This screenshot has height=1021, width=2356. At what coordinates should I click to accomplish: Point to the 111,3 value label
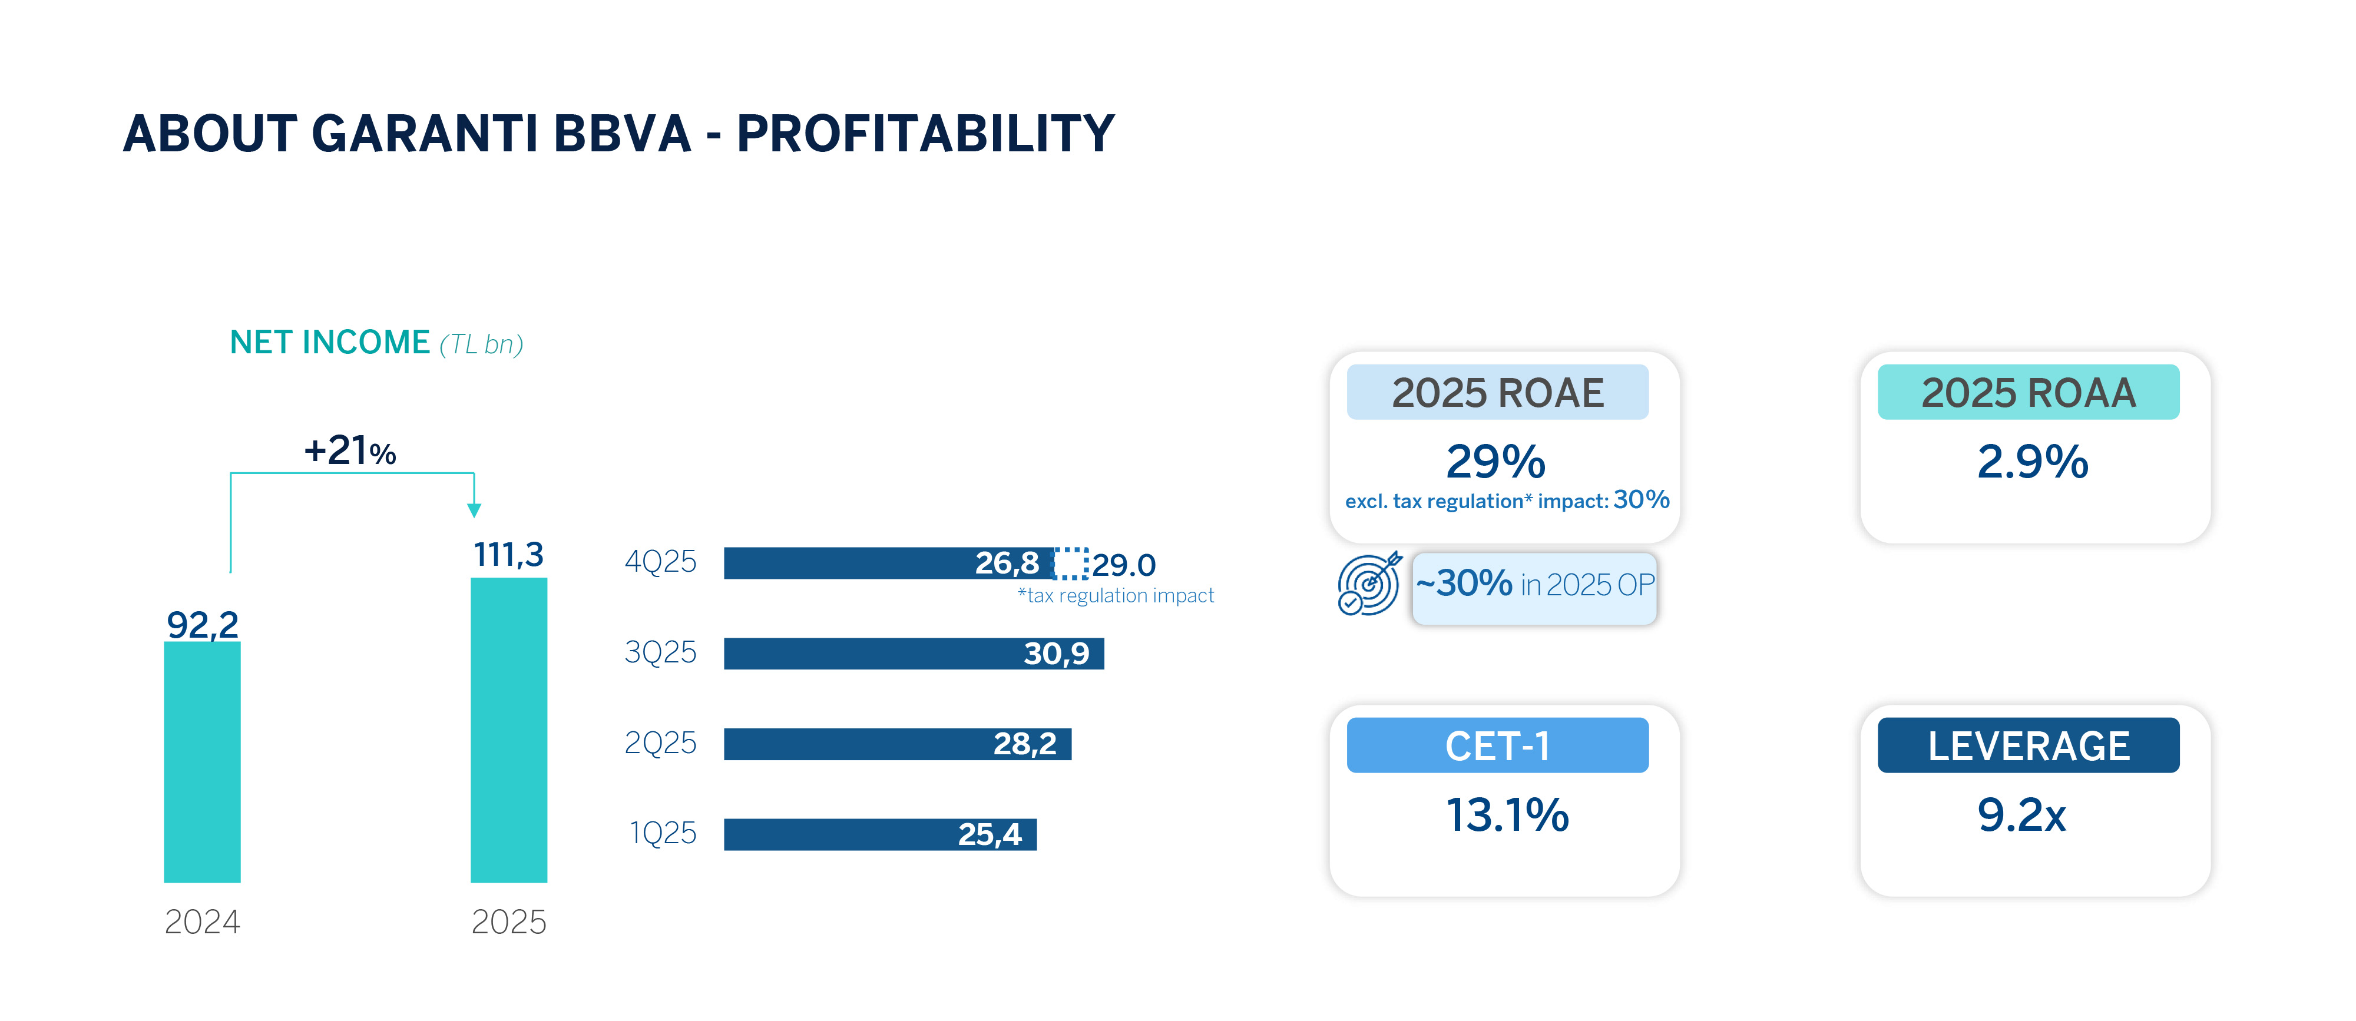pos(508,555)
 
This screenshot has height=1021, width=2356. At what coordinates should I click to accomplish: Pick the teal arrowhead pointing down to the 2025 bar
pos(474,510)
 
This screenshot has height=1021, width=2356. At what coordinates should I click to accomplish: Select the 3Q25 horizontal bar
pos(913,654)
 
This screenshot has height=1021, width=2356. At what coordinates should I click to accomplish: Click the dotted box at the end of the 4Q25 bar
pos(1071,563)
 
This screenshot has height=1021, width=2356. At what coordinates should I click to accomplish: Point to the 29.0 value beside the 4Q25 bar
pos(1124,565)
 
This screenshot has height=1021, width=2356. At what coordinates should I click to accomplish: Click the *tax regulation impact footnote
pos(1116,596)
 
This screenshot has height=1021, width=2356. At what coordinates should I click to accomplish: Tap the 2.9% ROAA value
pos(2032,462)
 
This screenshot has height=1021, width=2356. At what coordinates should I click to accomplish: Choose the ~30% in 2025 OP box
pos(1535,586)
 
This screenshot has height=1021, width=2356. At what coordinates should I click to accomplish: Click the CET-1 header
pos(1497,746)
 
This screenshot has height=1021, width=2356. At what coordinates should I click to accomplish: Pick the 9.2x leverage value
pos(2021,814)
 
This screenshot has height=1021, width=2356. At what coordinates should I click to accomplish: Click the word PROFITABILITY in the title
pos(925,134)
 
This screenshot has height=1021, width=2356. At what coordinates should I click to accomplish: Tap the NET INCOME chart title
pos(329,343)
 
